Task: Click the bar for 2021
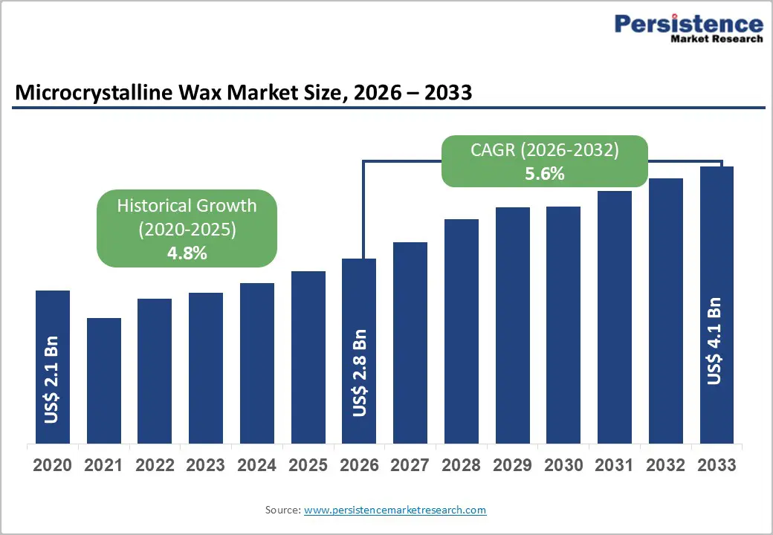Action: (x=104, y=380)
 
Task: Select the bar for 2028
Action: (x=462, y=331)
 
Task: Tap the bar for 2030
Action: (x=563, y=325)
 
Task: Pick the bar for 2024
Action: (x=257, y=363)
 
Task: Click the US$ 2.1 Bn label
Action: (x=51, y=379)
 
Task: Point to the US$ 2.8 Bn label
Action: (x=359, y=373)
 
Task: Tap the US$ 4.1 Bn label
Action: (x=714, y=341)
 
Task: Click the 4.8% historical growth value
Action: (x=187, y=253)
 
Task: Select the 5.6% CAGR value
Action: (x=544, y=175)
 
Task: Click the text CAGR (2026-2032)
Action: (x=544, y=150)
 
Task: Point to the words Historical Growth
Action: (x=187, y=206)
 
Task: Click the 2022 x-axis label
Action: (x=155, y=466)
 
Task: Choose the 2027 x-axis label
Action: (x=410, y=466)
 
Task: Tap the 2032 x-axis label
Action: (x=666, y=466)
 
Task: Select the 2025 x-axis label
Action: (x=308, y=466)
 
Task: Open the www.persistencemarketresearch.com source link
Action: (x=395, y=510)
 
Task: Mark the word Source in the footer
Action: (x=282, y=510)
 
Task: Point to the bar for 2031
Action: (x=615, y=317)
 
